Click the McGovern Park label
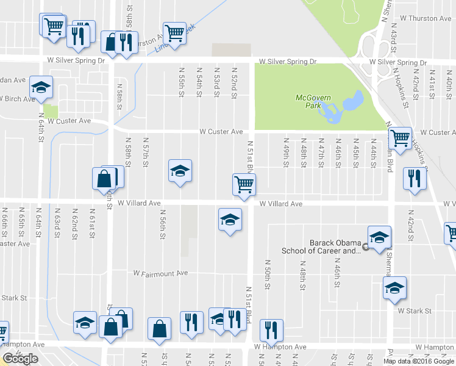coord(312,101)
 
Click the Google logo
coord(20,359)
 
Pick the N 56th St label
coord(163,226)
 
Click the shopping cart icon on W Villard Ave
coord(244,184)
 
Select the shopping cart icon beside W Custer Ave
coord(400,138)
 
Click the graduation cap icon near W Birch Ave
coord(41,87)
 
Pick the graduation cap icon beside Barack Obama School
coord(379,237)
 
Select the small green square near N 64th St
coord(51,112)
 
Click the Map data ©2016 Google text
coord(418,361)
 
